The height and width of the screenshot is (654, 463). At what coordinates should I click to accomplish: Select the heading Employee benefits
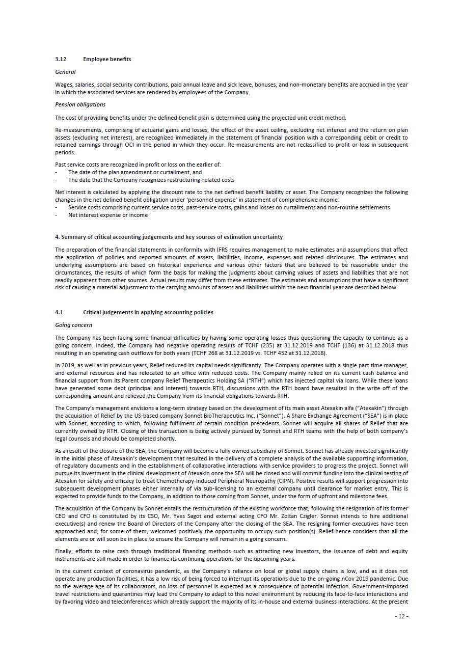tap(107, 59)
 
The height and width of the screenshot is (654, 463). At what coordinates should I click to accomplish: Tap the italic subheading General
tap(65, 72)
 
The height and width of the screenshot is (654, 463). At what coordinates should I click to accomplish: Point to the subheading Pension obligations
tap(80, 104)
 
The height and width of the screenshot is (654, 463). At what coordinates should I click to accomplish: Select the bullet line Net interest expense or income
tap(108, 215)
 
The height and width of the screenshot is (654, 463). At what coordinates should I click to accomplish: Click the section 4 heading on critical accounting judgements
tap(169, 237)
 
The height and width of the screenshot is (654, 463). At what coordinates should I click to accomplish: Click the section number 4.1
tap(59, 312)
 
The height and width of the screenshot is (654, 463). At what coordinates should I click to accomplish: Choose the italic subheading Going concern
tap(73, 325)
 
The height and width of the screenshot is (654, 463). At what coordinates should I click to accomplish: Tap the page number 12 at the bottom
tap(401, 616)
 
